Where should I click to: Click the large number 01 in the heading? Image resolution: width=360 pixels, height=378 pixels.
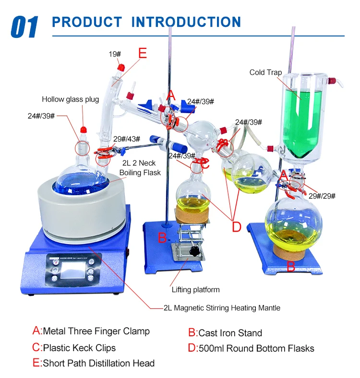(x=24, y=26)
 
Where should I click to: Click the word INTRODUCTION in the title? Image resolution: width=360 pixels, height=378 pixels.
(x=186, y=22)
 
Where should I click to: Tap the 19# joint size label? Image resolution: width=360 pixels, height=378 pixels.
(x=114, y=54)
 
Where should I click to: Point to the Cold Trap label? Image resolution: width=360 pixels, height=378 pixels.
(x=265, y=72)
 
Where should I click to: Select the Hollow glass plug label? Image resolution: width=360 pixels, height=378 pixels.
(x=70, y=99)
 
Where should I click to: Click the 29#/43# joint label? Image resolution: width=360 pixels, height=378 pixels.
(x=126, y=139)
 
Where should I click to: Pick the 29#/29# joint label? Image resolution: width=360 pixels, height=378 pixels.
(x=322, y=196)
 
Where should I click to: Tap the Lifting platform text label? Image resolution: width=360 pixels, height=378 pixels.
(x=196, y=289)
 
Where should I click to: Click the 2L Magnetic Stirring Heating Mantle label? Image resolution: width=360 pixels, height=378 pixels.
(x=222, y=307)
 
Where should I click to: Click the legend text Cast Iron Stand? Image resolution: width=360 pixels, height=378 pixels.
(x=230, y=333)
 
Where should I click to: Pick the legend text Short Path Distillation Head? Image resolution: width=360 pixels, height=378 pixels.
(x=98, y=363)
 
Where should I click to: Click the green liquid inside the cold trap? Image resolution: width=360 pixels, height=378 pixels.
(x=300, y=120)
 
